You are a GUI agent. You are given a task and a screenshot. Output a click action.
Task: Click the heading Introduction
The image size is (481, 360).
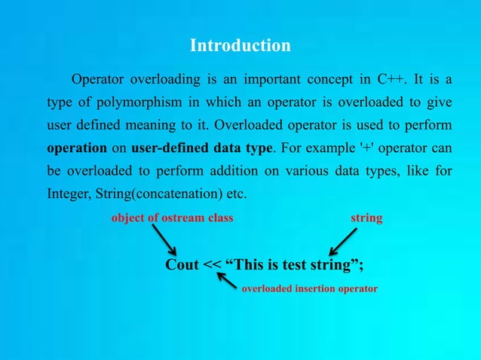pyautogui.click(x=240, y=45)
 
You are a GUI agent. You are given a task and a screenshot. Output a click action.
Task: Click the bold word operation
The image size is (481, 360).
pyautogui.click(x=77, y=147)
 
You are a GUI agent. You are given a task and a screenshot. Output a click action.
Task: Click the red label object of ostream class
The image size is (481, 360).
pyautogui.click(x=173, y=218)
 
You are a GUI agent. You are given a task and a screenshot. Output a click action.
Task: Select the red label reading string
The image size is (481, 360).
pyautogui.click(x=366, y=218)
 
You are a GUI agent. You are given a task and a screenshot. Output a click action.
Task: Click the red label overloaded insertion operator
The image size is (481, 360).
pyautogui.click(x=309, y=288)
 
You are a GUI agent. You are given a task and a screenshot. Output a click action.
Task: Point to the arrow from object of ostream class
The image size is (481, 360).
pyautogui.click(x=166, y=241)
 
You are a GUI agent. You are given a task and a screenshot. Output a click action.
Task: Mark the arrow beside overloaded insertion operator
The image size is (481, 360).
pyautogui.click(x=227, y=280)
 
